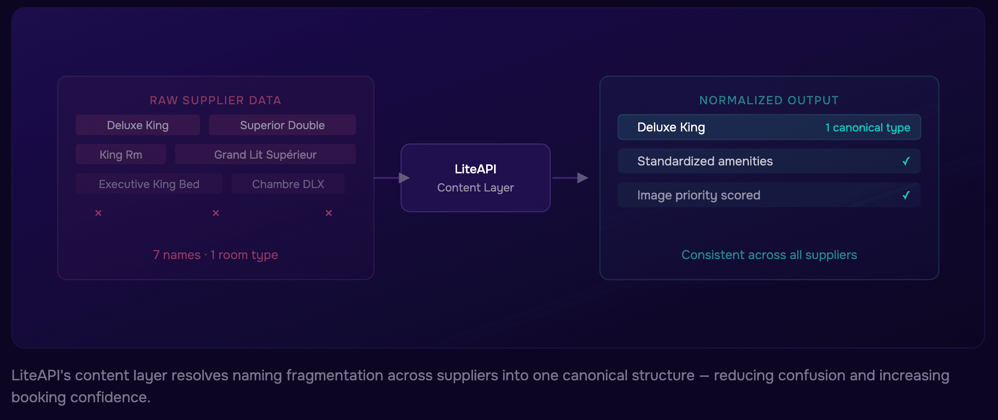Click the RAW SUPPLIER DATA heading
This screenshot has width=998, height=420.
(216, 100)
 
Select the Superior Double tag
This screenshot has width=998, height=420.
(282, 125)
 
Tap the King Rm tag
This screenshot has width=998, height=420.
(121, 155)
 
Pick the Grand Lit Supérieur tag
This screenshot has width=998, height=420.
(265, 155)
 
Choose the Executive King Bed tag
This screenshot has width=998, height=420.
(149, 184)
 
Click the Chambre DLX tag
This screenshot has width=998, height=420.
(288, 184)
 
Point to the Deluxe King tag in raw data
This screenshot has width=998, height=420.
(137, 125)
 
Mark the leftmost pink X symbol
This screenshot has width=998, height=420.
(99, 213)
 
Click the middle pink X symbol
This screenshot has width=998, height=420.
(216, 213)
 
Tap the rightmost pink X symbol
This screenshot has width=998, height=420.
(328, 213)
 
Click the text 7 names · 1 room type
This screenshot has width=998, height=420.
(216, 255)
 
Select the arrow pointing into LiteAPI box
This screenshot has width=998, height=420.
(403, 178)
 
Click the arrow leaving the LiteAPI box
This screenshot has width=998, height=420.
(581, 178)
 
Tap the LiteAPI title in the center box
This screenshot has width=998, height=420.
(475, 169)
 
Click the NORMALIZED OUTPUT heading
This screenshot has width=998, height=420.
(769, 100)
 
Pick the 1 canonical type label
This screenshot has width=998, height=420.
(867, 128)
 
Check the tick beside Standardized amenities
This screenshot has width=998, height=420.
(906, 161)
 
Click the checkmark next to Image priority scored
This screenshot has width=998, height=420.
(906, 195)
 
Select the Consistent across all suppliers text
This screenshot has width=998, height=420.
(769, 255)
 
